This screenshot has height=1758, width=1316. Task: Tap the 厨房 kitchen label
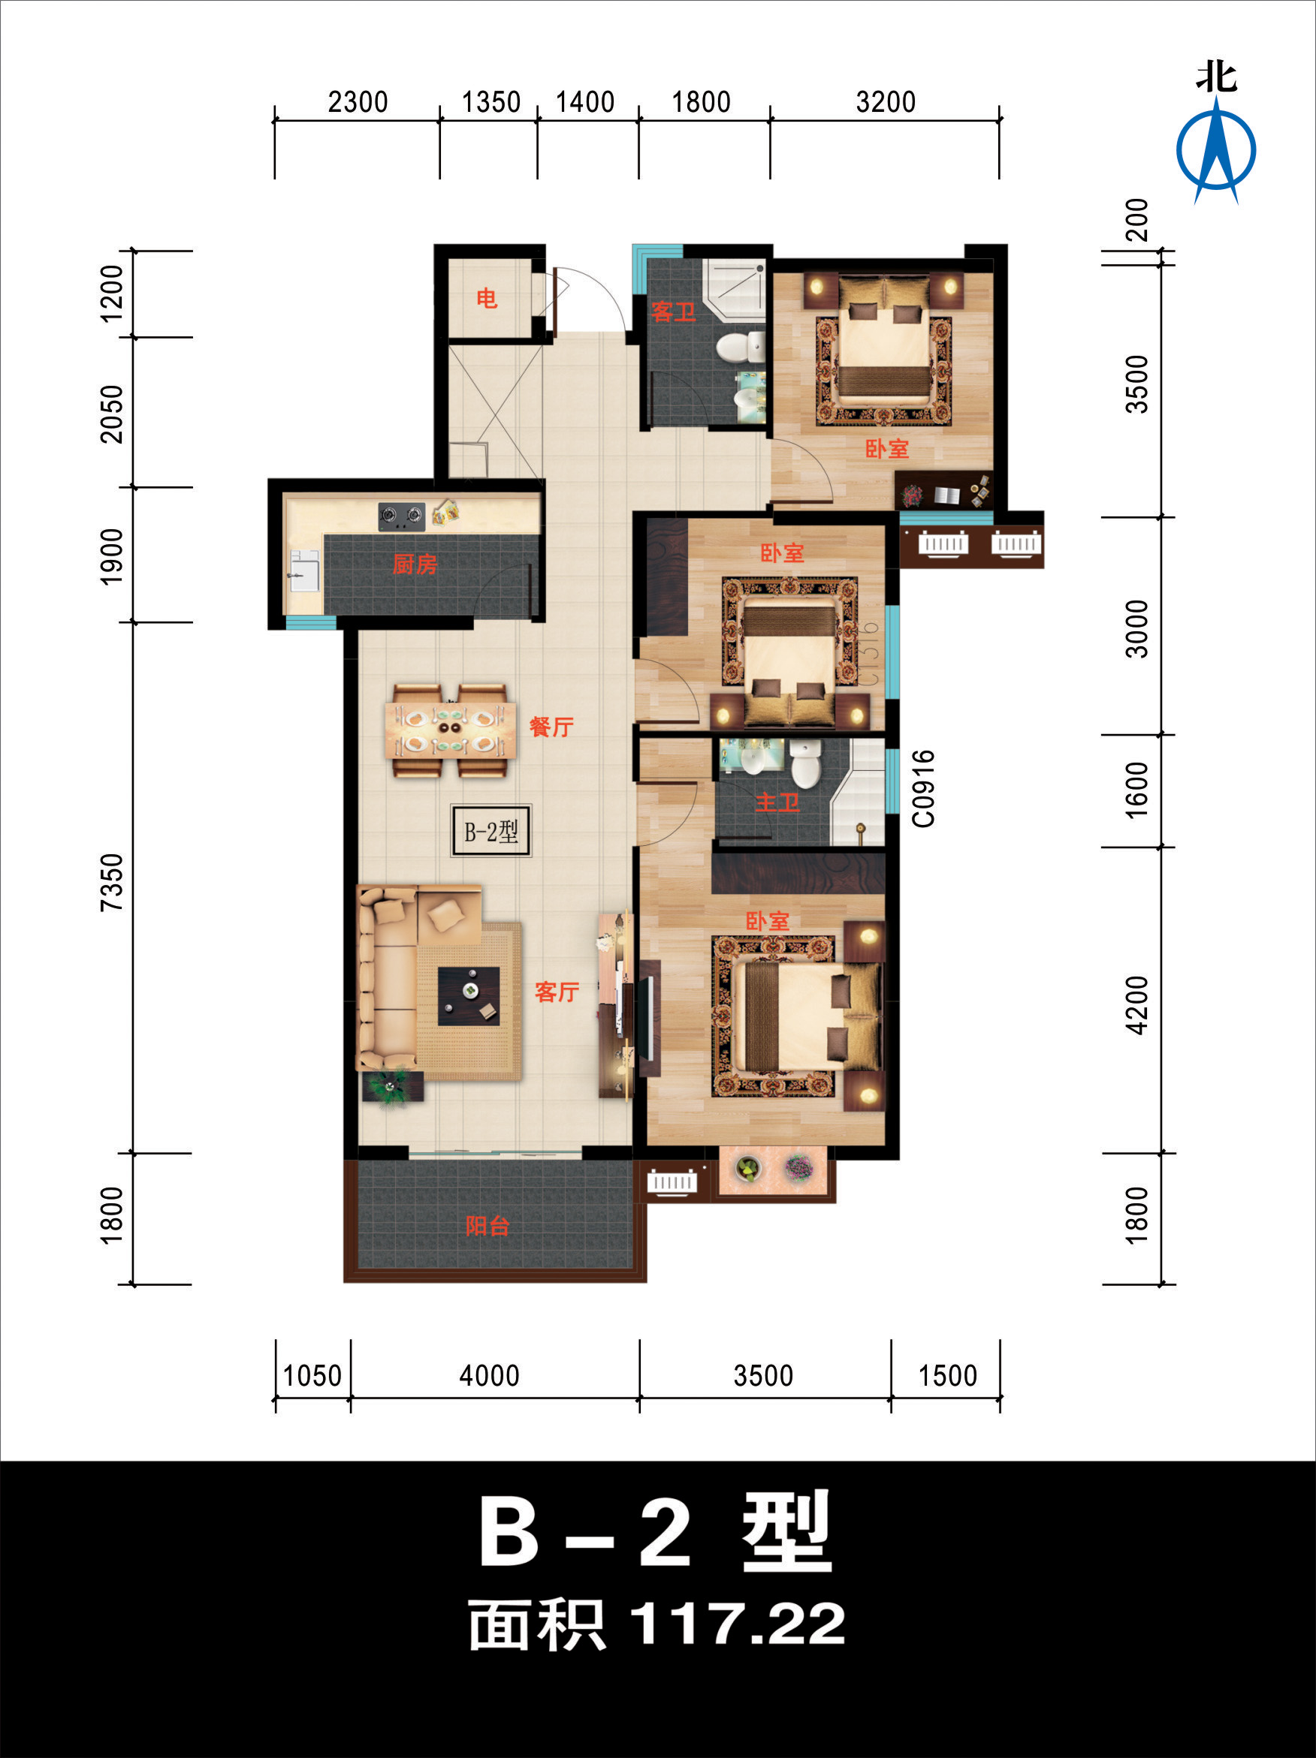coord(415,564)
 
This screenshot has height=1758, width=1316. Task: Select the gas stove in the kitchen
coord(401,516)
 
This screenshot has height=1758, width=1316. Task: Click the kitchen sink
coord(303,570)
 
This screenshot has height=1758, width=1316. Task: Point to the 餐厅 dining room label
coord(551,727)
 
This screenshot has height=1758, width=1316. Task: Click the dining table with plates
coord(449,730)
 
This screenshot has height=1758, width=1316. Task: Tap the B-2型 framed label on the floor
coord(490,831)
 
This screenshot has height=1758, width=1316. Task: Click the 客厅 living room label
coord(557,992)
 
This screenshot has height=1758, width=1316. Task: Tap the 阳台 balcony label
coord(487,1226)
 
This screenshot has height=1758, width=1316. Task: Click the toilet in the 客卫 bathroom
coord(738,348)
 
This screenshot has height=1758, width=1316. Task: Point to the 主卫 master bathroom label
coord(777,802)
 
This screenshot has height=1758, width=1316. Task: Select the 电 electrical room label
coord(487,299)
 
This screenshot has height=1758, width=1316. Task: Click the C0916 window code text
coord(923,788)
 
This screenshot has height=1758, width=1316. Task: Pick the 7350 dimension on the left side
coord(112,882)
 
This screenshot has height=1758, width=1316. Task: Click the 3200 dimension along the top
coord(885,103)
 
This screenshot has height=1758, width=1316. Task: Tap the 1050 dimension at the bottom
coord(312,1376)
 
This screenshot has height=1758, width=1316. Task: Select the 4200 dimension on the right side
coord(1137,1005)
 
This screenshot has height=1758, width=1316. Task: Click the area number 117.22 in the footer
coord(737,1624)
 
